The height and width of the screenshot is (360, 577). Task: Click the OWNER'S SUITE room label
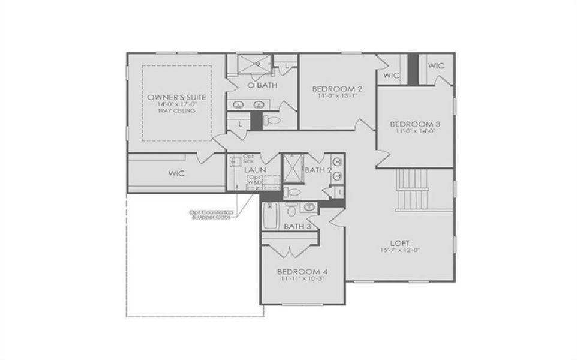coord(176,97)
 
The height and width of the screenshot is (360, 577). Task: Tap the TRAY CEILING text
coord(176,110)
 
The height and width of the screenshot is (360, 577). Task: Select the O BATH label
coord(262,86)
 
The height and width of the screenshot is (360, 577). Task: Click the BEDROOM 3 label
coord(415,124)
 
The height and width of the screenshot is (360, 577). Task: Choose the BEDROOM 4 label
coord(302,271)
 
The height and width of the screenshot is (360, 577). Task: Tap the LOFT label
coord(399,243)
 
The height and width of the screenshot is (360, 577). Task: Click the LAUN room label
coord(255,170)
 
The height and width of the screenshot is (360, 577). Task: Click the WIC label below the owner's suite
coord(176,173)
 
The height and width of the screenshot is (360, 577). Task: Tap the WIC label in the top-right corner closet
coord(437,65)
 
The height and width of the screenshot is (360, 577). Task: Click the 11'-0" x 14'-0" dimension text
coord(415,132)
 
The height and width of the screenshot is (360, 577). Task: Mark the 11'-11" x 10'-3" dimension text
coord(302,279)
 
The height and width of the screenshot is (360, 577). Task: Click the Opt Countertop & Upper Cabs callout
coord(210,214)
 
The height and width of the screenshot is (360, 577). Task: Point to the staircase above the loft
coord(414,189)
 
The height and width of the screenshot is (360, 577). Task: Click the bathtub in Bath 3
coord(270,216)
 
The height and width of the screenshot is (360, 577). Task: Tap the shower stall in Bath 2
coord(293,167)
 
